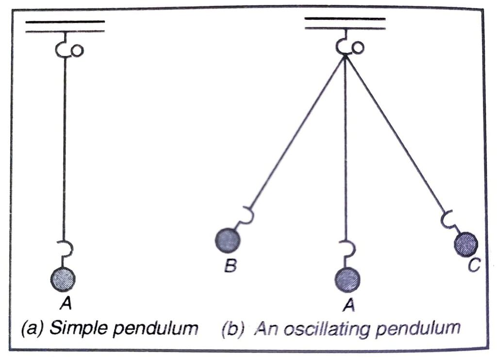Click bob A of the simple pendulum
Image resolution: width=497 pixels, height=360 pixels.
63,278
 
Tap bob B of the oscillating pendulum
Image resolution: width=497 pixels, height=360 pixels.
227,239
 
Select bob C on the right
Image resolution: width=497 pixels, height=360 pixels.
465,244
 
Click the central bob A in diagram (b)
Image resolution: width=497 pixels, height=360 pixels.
347,280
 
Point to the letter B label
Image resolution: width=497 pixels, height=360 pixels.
232,266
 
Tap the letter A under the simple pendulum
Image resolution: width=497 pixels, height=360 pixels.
65,303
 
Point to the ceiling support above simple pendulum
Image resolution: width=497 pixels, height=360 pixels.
65,26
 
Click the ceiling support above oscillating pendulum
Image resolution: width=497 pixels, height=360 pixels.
345,23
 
